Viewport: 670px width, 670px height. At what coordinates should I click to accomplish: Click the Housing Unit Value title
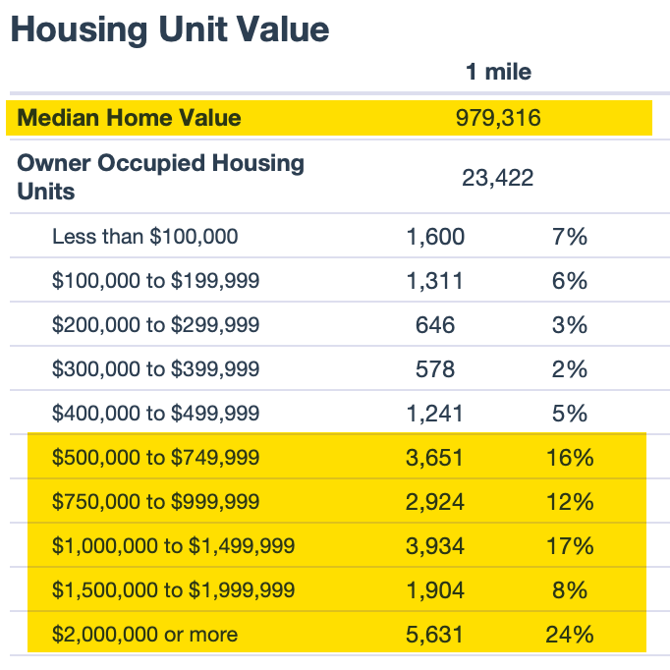pos(169,29)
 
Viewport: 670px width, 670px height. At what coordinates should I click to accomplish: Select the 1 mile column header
pos(498,72)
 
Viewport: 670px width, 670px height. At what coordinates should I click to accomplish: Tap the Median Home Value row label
pos(129,118)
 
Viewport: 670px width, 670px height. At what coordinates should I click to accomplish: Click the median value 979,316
pos(498,118)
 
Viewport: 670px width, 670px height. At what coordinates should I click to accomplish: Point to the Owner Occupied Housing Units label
pos(160,177)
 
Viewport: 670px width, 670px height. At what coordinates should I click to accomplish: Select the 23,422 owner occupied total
pos(498,178)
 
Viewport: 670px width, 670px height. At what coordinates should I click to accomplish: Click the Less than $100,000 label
pos(144,237)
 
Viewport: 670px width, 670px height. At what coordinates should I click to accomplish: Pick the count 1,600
pos(435,237)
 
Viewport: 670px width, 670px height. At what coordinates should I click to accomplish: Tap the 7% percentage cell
pos(569,237)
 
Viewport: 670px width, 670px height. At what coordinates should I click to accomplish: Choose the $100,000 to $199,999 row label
pos(155,281)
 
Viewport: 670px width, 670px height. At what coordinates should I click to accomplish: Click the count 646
pos(435,325)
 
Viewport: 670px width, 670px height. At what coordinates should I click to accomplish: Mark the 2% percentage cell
pos(569,369)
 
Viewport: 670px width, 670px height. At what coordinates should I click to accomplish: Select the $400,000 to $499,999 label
pos(155,414)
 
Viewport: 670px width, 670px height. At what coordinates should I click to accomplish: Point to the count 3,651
pos(435,458)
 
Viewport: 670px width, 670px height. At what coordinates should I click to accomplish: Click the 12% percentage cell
pos(570,502)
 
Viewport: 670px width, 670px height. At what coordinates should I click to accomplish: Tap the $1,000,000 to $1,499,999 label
pos(173,546)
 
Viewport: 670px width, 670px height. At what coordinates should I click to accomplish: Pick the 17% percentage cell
pos(570,546)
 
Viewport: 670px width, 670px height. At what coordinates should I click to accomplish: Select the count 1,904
pos(435,590)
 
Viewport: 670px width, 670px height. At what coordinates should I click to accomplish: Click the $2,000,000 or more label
pos(144,635)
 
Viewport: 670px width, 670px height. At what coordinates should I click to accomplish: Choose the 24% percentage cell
pos(570,635)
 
